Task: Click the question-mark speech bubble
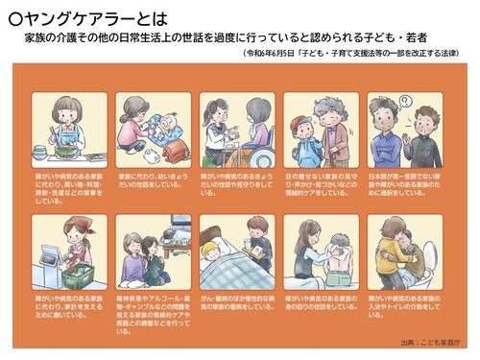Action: pos(404,101)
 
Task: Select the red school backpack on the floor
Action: pos(176,150)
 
